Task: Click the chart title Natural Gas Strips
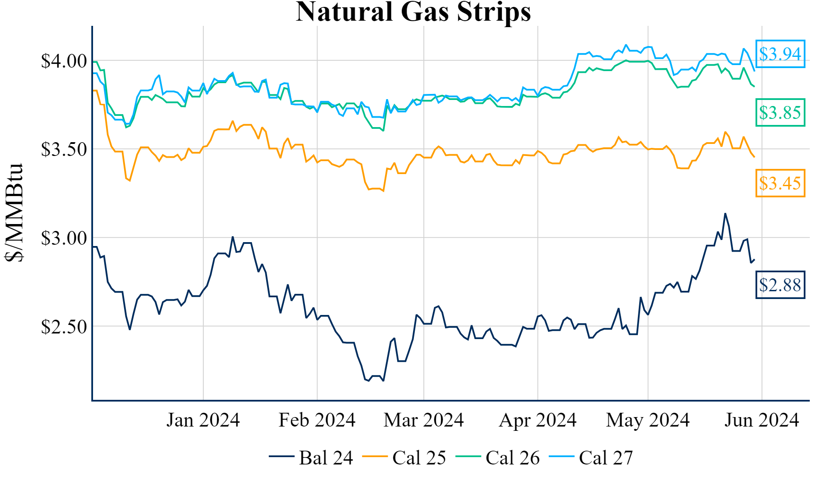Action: click(x=413, y=12)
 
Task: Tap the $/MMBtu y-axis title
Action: click(x=14, y=213)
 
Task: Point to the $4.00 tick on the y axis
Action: click(x=64, y=61)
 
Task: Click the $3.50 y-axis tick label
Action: click(x=64, y=150)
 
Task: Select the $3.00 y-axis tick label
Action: click(x=64, y=238)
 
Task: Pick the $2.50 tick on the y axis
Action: click(x=64, y=327)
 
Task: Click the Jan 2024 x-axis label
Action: click(x=203, y=420)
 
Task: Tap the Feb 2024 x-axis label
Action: click(x=317, y=420)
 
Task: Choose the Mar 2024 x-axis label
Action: click(x=423, y=420)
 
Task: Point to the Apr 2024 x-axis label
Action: click(x=538, y=420)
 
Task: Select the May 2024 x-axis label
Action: click(x=648, y=420)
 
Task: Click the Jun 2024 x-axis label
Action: click(x=762, y=420)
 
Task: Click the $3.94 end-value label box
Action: click(x=780, y=54)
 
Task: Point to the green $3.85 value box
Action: click(x=780, y=112)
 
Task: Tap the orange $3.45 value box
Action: click(x=780, y=183)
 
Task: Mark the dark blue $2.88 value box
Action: click(x=780, y=285)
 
